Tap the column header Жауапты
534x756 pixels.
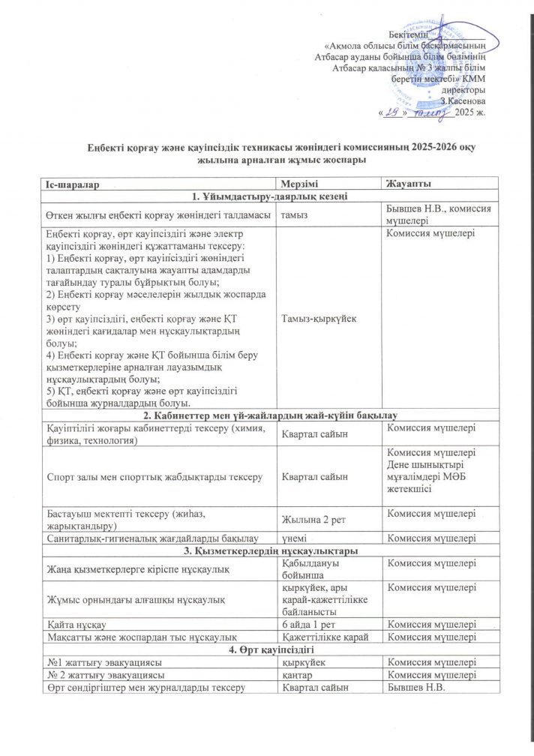coord(407,184)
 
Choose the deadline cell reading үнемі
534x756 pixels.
coord(295,538)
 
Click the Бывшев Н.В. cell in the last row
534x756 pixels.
coord(412,688)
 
